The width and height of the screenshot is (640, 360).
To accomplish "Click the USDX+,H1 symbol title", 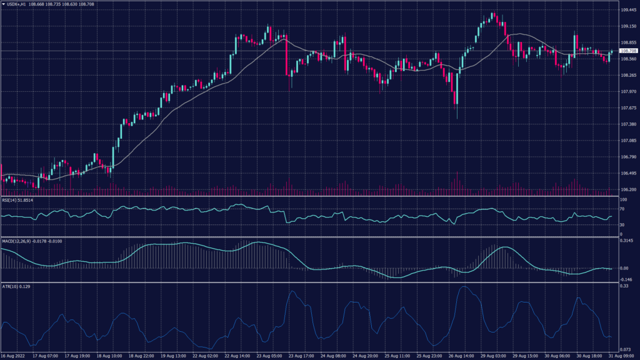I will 16,4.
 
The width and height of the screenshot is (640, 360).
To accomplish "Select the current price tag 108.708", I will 627,51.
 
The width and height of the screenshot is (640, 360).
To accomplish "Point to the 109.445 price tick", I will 627,10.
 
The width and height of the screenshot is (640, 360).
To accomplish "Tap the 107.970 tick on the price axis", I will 627,92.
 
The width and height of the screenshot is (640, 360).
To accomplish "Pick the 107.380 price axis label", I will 627,124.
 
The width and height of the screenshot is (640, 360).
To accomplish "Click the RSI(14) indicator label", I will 17,200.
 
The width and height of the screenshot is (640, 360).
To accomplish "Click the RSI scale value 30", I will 622,224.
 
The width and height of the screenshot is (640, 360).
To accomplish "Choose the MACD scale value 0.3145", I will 626,240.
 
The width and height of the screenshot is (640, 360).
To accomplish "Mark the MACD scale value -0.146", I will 626,279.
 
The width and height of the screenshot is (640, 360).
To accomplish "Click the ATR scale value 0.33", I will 623,286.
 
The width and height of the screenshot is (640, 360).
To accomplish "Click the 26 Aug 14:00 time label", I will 461,356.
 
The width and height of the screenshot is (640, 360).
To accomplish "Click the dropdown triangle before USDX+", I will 3,4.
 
